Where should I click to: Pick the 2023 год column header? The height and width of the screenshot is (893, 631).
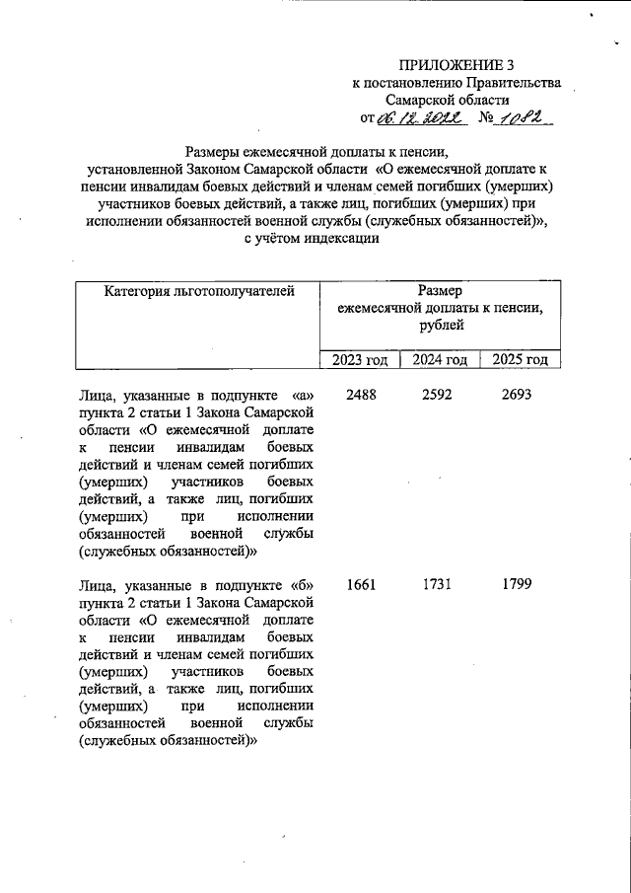coord(360,360)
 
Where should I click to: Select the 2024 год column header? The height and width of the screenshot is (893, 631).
coord(440,360)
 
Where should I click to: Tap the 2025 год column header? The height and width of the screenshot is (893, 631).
coord(520,360)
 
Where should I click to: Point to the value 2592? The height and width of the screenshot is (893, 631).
coord(438,394)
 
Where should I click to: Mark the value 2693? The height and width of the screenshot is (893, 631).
coord(517,394)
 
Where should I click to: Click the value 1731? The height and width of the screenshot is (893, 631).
coord(438,584)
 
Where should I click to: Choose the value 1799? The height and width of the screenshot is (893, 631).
coord(517,584)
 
